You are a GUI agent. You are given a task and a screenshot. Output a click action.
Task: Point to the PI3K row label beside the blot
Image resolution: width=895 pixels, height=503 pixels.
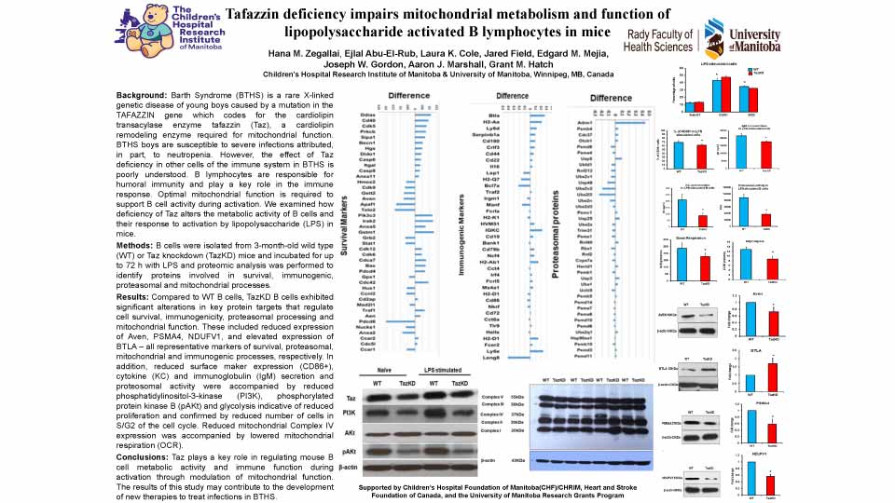pyautogui.click(x=351, y=412)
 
